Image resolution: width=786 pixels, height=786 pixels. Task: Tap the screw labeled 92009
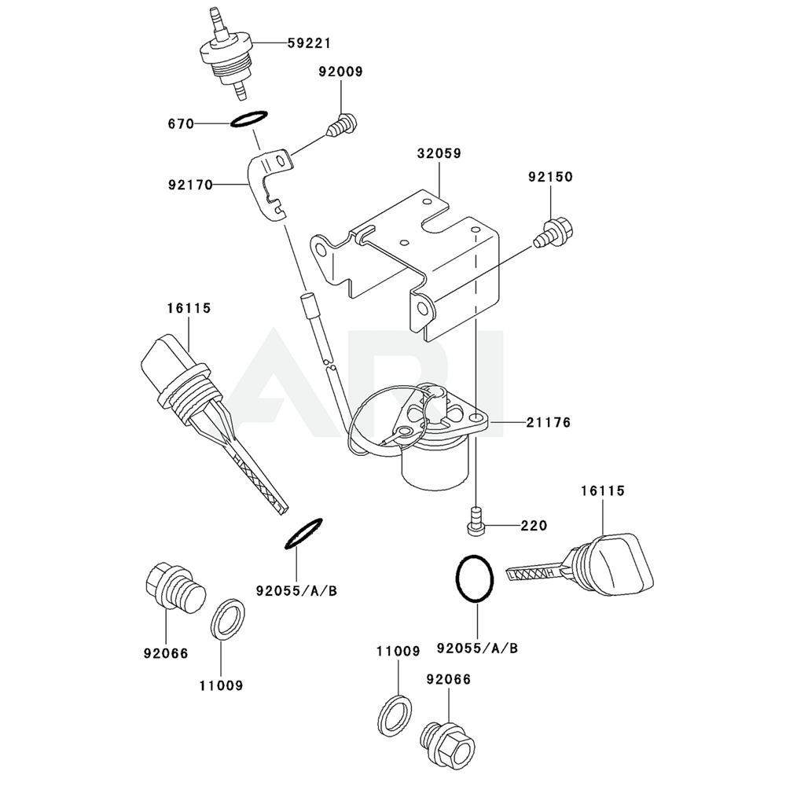pyautogui.click(x=343, y=123)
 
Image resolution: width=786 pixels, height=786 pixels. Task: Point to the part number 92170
pyautogui.click(x=189, y=186)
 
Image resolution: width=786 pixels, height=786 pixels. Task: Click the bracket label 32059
pyautogui.click(x=439, y=154)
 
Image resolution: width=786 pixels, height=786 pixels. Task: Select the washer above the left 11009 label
pyautogui.click(x=229, y=619)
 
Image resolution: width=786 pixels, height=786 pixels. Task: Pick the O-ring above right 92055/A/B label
pyautogui.click(x=476, y=579)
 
